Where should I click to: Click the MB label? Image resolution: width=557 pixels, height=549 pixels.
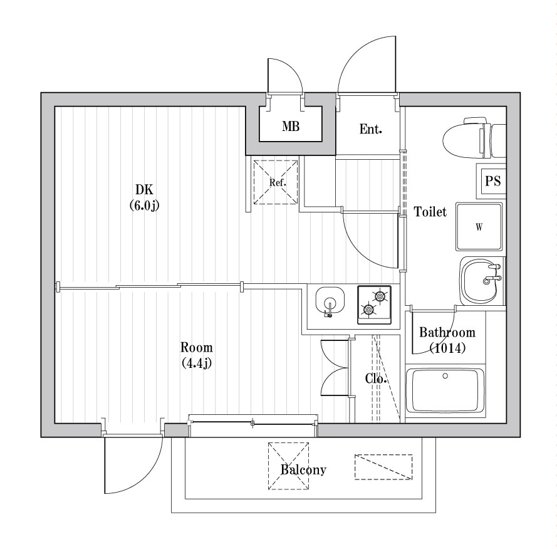(290, 127)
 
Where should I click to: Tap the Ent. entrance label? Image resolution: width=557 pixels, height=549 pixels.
(370, 130)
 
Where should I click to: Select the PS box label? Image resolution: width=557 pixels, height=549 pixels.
(492, 181)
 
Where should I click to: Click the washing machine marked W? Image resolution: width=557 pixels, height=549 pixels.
(479, 226)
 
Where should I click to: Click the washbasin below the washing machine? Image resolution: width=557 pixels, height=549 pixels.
(481, 280)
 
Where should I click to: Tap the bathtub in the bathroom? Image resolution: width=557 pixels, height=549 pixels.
(445, 390)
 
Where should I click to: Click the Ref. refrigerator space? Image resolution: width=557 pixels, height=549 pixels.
(275, 182)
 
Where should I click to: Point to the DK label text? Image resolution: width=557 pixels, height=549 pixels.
(144, 190)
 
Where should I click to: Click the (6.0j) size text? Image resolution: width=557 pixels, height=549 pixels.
(144, 204)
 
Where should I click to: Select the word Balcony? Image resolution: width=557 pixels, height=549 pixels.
(303, 470)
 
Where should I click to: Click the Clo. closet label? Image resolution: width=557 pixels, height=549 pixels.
(375, 379)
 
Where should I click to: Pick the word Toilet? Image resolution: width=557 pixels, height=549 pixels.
(430, 212)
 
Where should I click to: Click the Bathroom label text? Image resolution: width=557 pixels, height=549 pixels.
(447, 333)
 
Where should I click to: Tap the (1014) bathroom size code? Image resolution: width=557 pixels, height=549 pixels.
(447, 348)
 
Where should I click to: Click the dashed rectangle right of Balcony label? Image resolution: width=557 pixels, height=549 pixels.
(383, 467)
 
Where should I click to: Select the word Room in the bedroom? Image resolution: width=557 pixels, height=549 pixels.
(196, 347)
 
